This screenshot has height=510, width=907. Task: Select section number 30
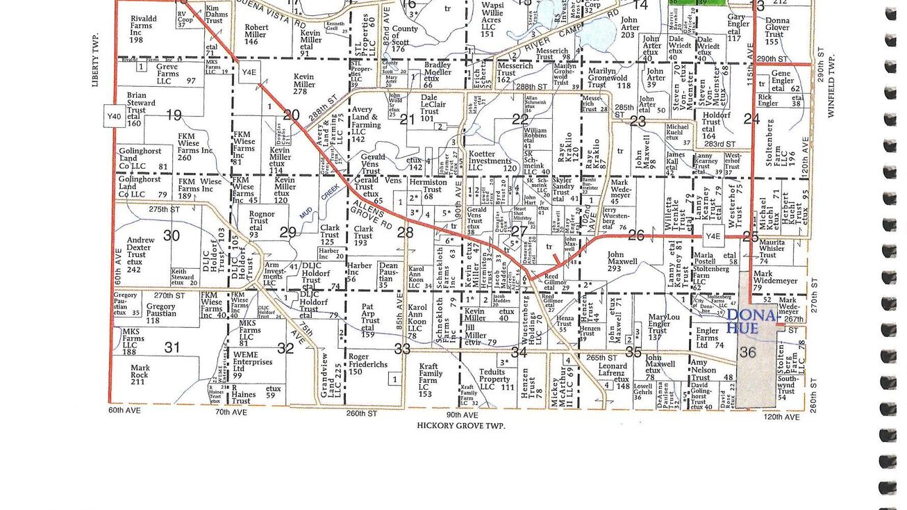coord(172,236)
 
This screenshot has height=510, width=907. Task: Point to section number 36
coord(747,352)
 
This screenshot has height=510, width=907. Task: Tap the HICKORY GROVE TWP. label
coord(460,425)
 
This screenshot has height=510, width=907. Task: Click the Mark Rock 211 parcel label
coord(140,375)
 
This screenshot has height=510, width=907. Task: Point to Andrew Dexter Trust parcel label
coord(140,250)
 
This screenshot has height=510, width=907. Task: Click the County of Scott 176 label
coord(405,39)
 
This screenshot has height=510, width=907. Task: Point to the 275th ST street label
coord(164,209)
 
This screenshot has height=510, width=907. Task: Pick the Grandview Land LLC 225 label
coord(325,376)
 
